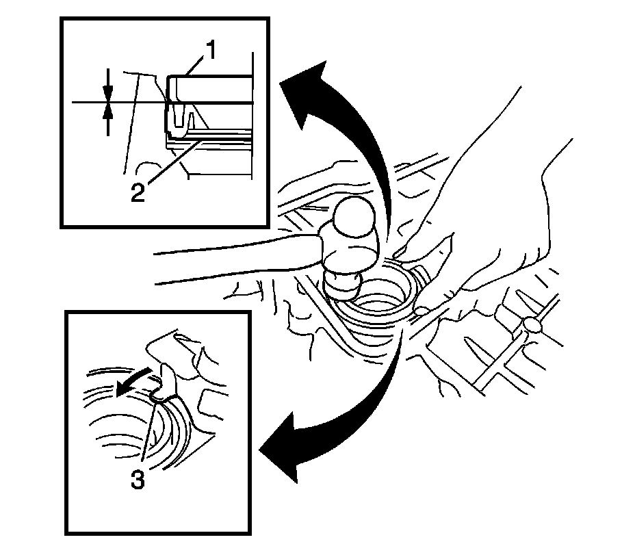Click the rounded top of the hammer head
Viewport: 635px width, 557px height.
pyautogui.click(x=352, y=219)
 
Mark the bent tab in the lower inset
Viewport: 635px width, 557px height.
pyautogui.click(x=164, y=383)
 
